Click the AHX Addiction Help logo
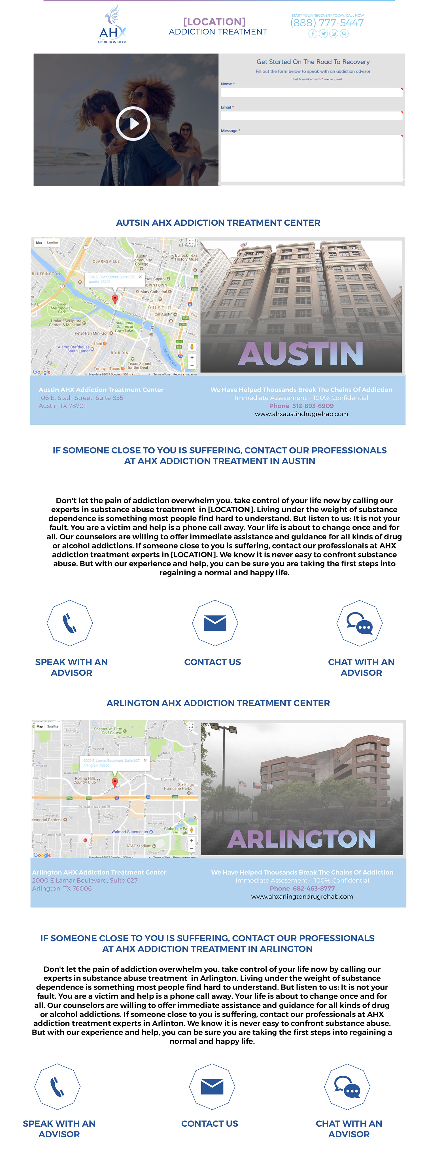pyautogui.click(x=112, y=25)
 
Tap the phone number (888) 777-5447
pyautogui.click(x=327, y=23)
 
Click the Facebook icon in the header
pyautogui.click(x=313, y=34)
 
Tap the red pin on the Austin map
pyautogui.click(x=115, y=299)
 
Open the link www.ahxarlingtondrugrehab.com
pyautogui.click(x=302, y=897)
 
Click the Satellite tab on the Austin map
pyautogui.click(x=52, y=243)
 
